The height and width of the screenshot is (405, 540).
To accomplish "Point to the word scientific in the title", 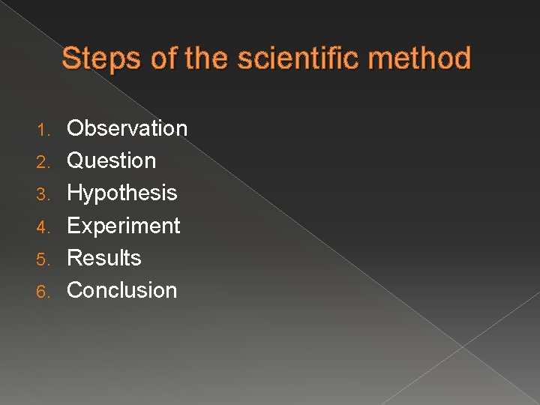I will (298, 58).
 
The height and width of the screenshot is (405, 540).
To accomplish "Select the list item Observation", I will (127, 128).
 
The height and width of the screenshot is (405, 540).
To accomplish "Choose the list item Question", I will (112, 160).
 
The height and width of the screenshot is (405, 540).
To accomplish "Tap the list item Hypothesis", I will (122, 193).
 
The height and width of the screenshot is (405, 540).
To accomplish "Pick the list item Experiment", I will (124, 226).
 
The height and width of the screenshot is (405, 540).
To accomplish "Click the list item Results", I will (104, 258).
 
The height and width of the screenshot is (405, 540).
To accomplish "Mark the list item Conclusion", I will (122, 290).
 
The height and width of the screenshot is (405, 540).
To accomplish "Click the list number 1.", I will (43, 130).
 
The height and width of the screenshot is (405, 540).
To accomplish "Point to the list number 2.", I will (43, 162).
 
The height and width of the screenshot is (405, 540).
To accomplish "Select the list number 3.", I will (43, 194).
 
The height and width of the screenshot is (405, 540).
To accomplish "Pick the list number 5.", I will (43, 259).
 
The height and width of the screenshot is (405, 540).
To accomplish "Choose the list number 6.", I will (43, 292).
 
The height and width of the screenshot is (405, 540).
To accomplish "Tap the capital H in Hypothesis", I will (74, 193).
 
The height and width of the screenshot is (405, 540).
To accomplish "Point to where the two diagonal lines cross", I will (463, 347).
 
